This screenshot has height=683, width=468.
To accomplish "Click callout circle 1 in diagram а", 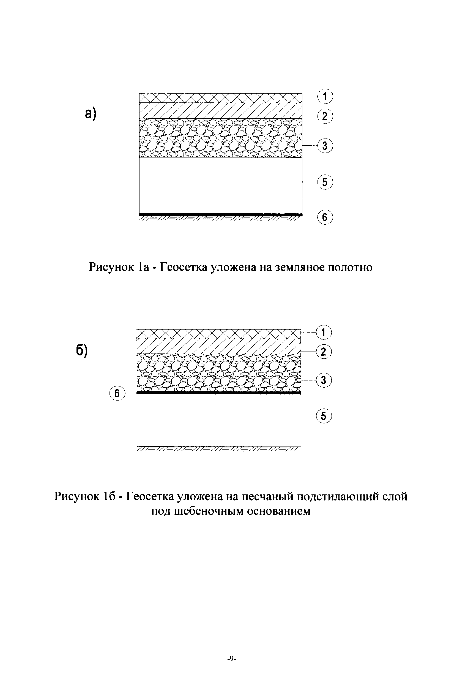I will (325, 97).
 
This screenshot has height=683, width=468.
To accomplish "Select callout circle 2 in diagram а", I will (325, 116).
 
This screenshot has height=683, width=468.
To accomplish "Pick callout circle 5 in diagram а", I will (325, 182).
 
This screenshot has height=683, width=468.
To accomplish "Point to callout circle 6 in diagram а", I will (325, 217).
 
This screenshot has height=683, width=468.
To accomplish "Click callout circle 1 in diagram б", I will (324, 332).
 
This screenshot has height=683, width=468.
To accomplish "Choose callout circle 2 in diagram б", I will (324, 352).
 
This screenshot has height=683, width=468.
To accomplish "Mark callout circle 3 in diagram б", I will (324, 380).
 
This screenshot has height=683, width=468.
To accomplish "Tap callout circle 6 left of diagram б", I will (117, 393).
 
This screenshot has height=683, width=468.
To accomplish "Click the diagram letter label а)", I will (91, 113).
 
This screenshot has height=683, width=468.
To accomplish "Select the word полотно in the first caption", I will (350, 267).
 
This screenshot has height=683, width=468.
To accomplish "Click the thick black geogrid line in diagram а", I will (220, 214).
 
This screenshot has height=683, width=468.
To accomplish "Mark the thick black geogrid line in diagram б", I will (219, 393).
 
